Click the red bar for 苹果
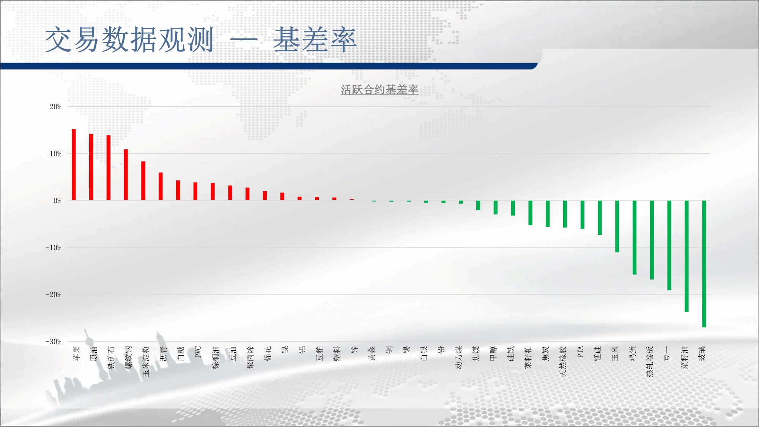pos(74,164)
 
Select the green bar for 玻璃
pos(704,264)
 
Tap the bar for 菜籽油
pos(687,256)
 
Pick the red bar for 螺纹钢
pos(126,175)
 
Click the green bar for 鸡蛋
pos(635,238)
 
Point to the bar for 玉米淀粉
pos(143,181)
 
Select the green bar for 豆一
pos(669,245)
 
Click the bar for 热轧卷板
pos(652,240)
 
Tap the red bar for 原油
pos(91,167)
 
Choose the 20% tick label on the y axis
pos(55,107)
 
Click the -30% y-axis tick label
pos(54,342)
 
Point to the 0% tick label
pos(57,201)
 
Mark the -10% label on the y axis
pos(54,247)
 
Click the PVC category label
pos(198,352)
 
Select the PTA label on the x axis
pos(580,352)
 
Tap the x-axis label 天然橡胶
pos(563,361)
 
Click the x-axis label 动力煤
pos(458,358)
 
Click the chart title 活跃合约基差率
pos(379,90)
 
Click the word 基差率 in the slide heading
pos(315,40)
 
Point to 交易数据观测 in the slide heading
pos(129,40)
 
